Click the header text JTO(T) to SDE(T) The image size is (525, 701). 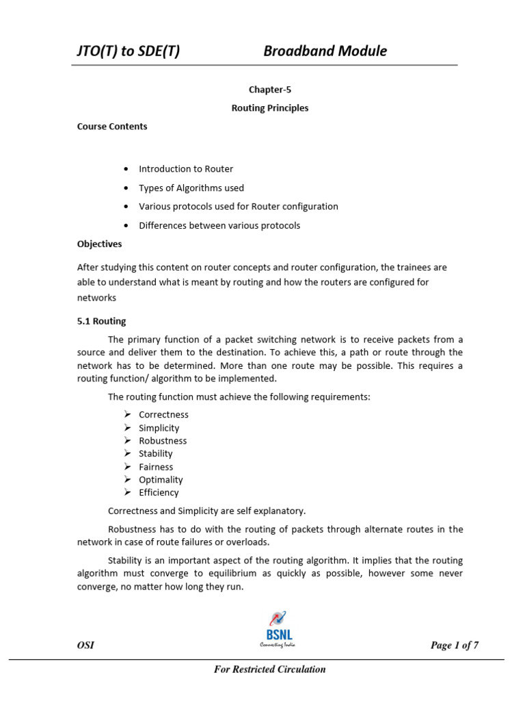tap(129, 51)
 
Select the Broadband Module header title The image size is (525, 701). tap(325, 51)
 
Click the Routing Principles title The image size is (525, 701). tap(269, 108)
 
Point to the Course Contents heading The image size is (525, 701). tap(111, 127)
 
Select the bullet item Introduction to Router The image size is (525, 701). tap(185, 169)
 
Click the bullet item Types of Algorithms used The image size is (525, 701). tap(191, 188)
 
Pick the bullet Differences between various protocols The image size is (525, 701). tap(219, 225)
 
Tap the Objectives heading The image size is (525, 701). tap(99, 244)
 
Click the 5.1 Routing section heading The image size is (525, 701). tap(101, 321)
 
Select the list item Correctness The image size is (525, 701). tap(163, 415)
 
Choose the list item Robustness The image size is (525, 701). tap(163, 441)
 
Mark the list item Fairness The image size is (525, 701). tap(156, 467)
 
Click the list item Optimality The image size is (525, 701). tap(161, 480)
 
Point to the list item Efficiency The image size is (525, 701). tap(159, 493)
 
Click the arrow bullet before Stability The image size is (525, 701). tap(127, 454)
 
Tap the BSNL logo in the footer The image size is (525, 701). tap(277, 628)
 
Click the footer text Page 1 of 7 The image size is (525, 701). tap(454, 646)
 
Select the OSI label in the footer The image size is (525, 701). tap(85, 646)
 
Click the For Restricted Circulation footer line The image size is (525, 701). tap(269, 670)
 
